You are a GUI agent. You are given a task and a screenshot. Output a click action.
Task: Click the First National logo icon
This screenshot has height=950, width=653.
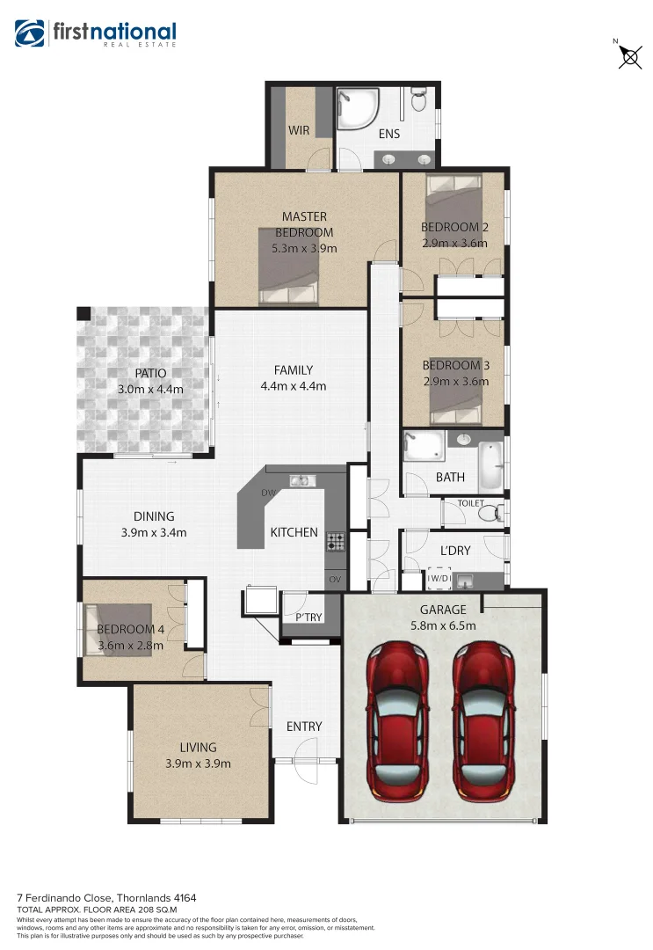(x=31, y=33)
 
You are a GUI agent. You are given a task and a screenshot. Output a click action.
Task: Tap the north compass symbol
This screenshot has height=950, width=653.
(x=629, y=56)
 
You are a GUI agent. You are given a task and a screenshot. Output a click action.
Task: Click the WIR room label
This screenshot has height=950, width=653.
(x=298, y=130)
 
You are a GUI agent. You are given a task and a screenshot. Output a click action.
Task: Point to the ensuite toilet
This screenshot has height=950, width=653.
(x=419, y=101)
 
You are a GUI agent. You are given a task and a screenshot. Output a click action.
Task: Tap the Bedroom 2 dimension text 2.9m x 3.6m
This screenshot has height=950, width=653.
(x=455, y=243)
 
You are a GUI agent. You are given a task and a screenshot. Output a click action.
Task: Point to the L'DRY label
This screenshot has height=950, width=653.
(x=455, y=551)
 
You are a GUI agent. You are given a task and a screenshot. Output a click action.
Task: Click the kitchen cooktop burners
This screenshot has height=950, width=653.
(x=335, y=541)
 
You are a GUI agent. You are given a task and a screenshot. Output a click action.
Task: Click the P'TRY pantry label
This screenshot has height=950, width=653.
(x=308, y=617)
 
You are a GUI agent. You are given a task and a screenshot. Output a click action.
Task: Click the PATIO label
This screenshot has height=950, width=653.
(x=150, y=373)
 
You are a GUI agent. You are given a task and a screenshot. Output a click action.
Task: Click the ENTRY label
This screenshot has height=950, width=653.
(x=304, y=727)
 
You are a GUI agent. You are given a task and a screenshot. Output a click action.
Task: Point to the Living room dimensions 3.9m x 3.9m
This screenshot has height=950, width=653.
(x=198, y=764)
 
